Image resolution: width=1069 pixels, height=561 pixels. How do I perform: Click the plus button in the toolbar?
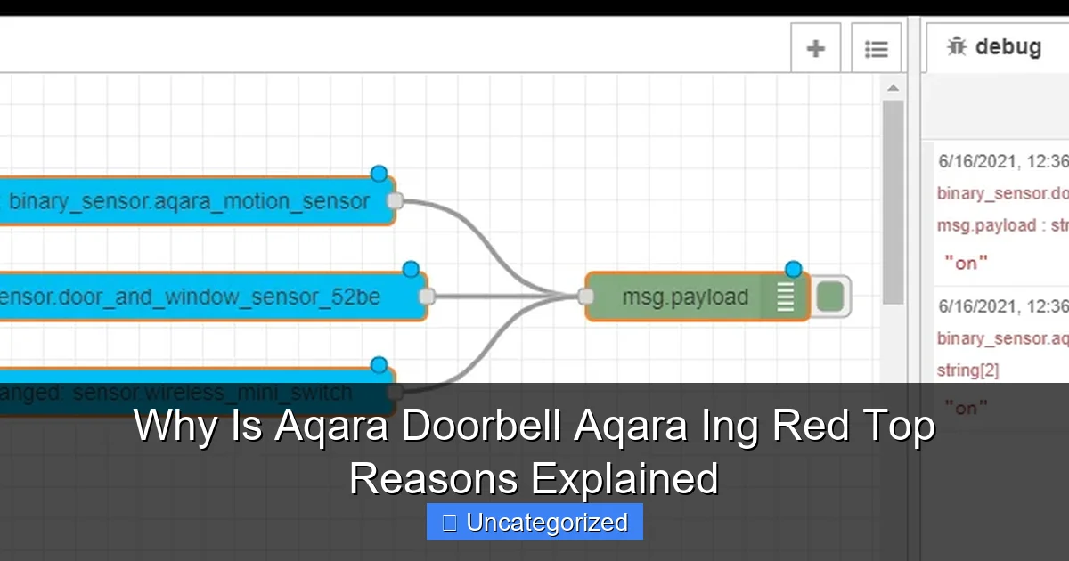coord(815,49)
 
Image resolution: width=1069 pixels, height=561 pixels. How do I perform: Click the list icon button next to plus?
coord(876,49)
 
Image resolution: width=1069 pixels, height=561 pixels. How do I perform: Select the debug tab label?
coord(1008,46)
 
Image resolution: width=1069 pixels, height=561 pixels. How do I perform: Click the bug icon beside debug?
coord(957,46)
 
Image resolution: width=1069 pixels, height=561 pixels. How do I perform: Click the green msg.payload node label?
coord(685,297)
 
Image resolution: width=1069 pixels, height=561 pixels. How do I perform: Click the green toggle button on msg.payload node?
coord(830,297)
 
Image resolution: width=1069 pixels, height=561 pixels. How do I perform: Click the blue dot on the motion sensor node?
coord(379,174)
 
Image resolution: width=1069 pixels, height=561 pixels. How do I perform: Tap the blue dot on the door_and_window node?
coord(411,269)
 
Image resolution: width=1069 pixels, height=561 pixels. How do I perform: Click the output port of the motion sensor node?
coord(396,201)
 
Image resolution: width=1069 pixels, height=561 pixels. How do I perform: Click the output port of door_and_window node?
coord(427,297)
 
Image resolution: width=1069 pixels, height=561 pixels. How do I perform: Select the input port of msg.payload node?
coord(587,297)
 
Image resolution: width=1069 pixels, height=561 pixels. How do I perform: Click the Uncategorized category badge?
coord(534,522)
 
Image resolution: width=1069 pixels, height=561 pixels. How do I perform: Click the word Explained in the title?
coord(624,478)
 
